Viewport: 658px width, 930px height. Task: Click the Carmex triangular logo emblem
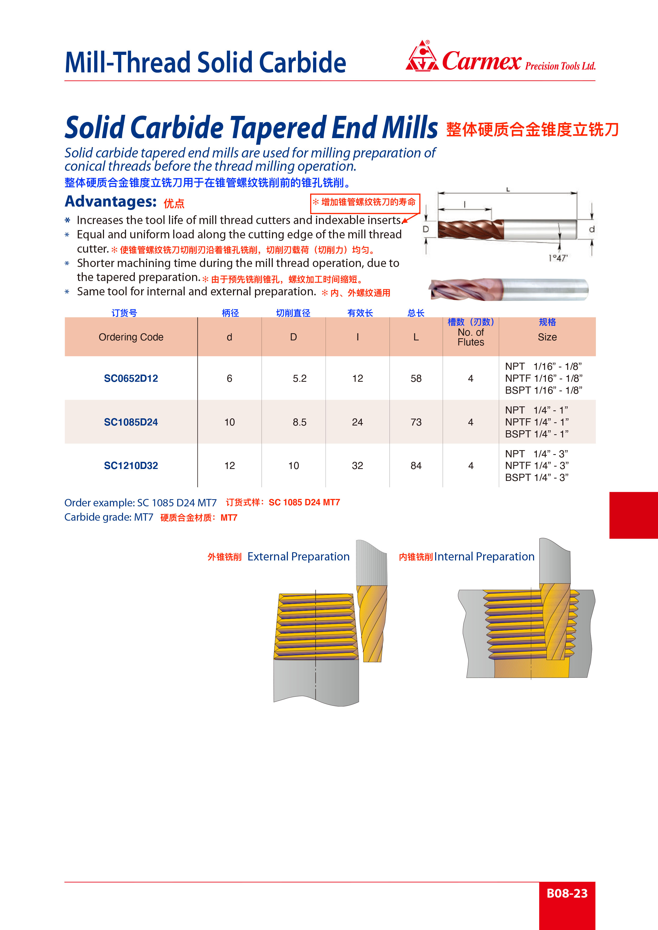[422, 57]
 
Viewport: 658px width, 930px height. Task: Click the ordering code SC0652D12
[131, 378]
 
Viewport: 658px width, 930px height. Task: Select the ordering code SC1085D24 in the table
[131, 422]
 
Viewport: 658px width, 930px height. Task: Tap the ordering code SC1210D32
[131, 466]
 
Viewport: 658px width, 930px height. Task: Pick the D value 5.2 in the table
[300, 378]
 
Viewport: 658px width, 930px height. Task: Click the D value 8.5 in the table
[300, 422]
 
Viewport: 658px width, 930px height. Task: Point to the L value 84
[416, 466]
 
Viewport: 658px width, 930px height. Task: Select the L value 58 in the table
[416, 378]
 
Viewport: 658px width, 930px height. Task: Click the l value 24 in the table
[357, 422]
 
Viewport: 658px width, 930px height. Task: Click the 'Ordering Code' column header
[131, 337]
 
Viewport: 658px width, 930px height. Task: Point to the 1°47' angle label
[558, 258]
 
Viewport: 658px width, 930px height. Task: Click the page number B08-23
[567, 893]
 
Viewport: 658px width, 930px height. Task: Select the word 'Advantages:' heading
[111, 201]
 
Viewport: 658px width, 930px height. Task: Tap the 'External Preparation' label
[298, 556]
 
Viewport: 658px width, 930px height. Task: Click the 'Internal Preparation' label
[484, 556]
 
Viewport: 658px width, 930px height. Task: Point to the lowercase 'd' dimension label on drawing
[591, 229]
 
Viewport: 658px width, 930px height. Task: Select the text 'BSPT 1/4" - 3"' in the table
[536, 477]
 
